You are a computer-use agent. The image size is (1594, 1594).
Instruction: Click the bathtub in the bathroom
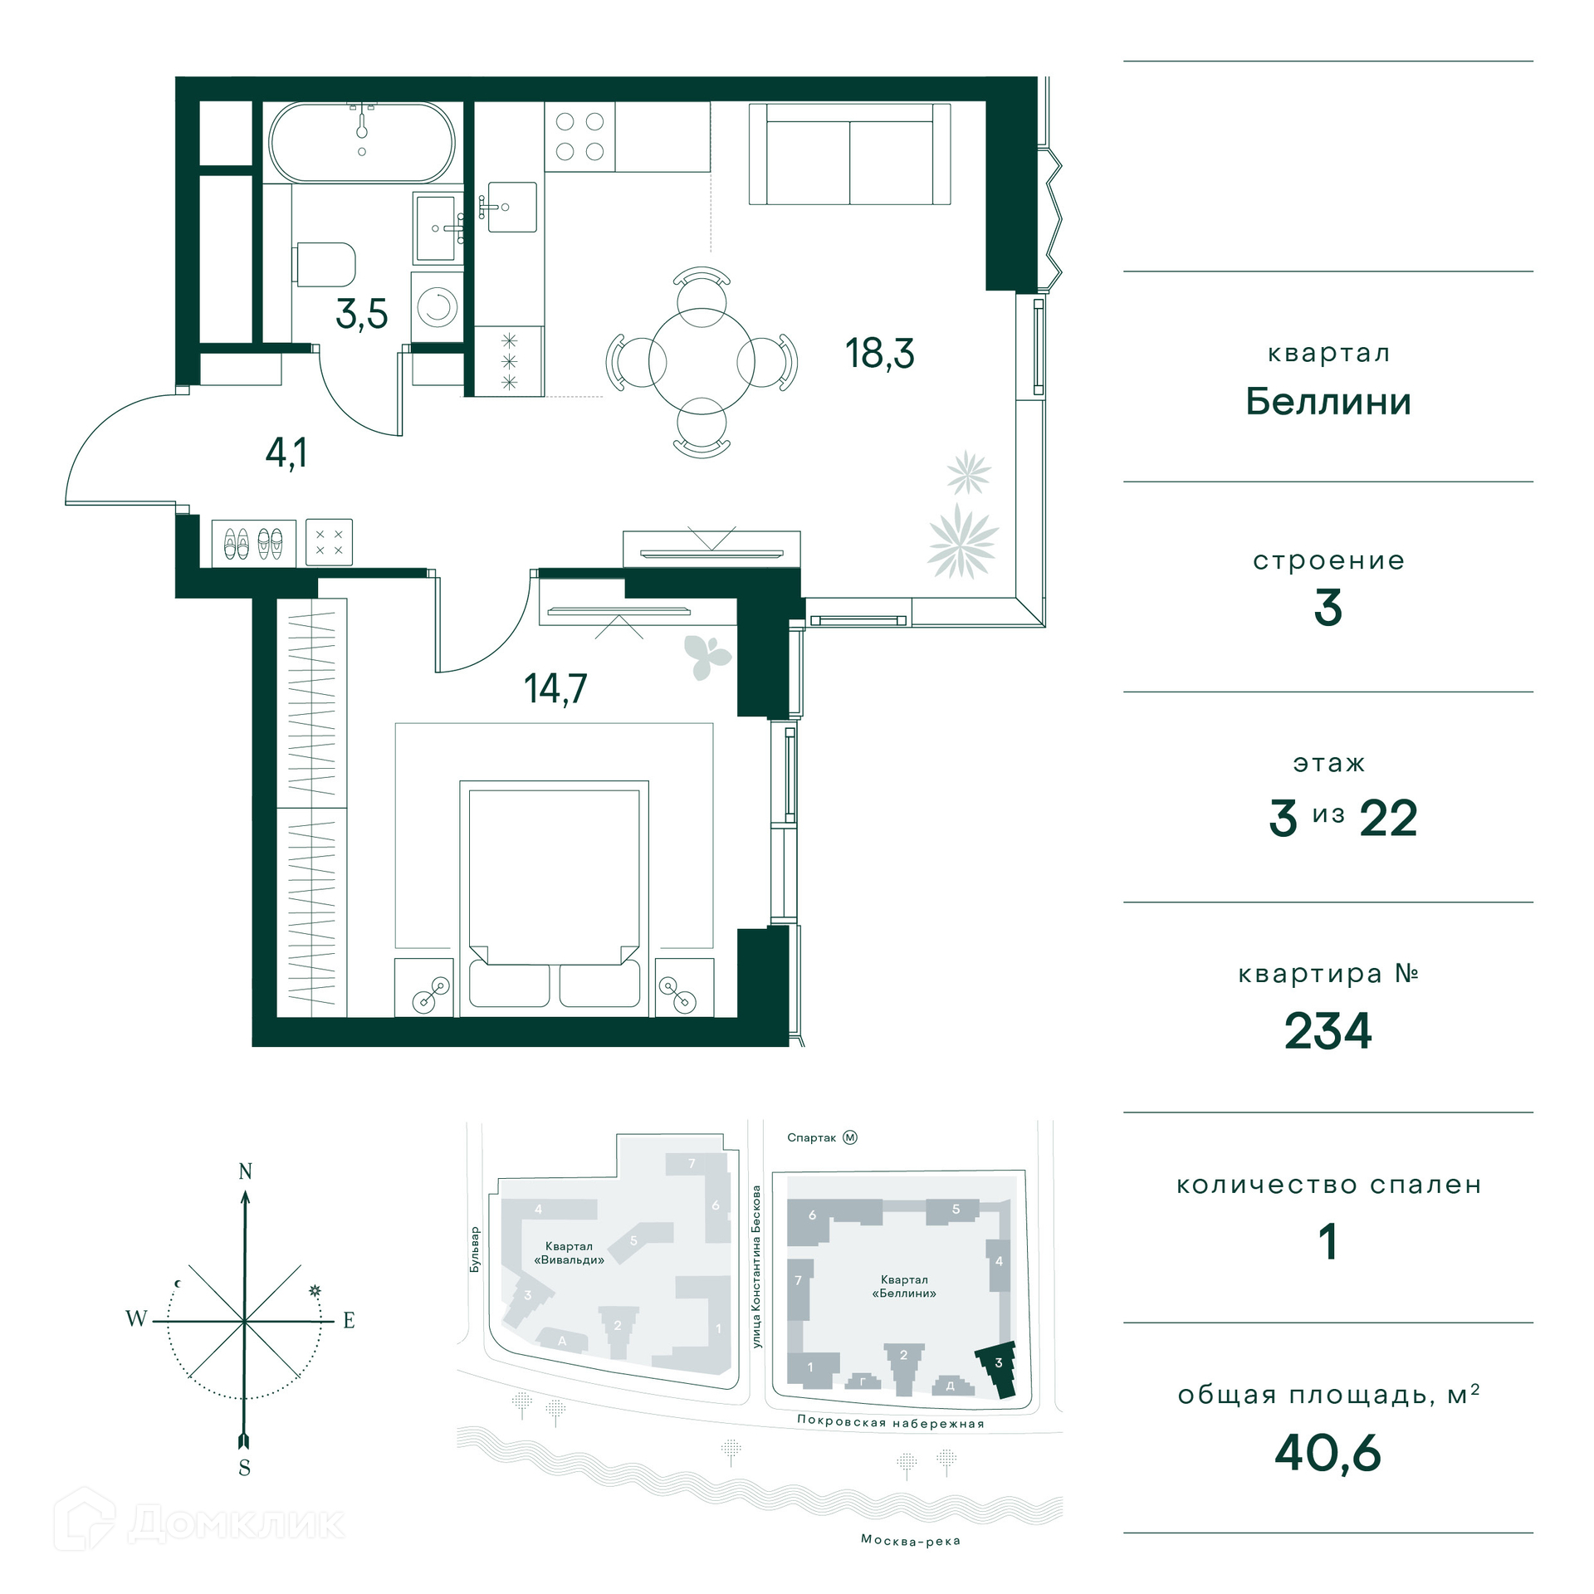click(x=362, y=142)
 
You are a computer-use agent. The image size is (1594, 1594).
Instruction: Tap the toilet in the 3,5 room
click(x=325, y=264)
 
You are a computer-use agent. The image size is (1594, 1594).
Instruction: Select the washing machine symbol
click(x=438, y=306)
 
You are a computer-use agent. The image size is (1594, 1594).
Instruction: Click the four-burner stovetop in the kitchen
click(x=579, y=137)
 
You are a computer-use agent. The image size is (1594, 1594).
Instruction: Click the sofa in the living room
click(x=849, y=154)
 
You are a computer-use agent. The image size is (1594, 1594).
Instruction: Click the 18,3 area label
click(x=879, y=354)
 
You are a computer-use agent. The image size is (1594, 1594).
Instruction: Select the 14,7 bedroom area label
click(x=555, y=688)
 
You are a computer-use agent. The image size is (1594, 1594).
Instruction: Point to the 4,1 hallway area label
click(x=286, y=453)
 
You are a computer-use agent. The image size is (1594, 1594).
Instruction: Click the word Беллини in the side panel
click(x=1328, y=402)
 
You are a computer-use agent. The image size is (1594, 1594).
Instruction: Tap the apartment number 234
click(x=1328, y=1031)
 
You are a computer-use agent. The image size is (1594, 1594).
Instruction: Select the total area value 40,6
click(x=1328, y=1453)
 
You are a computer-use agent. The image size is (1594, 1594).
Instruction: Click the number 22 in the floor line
click(x=1388, y=819)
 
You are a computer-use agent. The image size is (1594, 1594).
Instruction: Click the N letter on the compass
click(x=245, y=1171)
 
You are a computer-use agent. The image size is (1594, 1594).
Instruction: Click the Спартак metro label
click(x=811, y=1137)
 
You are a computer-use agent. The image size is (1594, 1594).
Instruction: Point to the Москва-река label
click(x=911, y=1541)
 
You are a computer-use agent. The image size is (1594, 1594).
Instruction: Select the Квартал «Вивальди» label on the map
click(x=569, y=1253)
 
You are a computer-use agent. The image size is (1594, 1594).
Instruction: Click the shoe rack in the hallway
click(x=254, y=543)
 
